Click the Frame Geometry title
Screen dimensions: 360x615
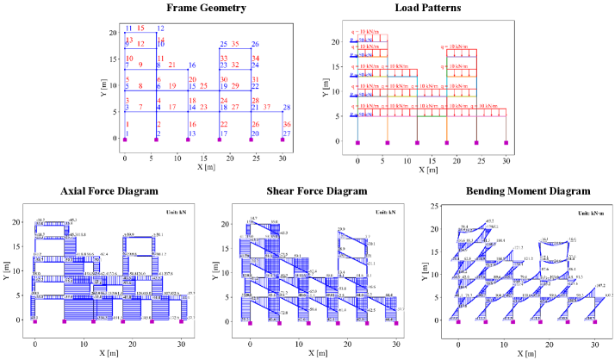coord(204,9)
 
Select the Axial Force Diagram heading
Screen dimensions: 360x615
coord(109,191)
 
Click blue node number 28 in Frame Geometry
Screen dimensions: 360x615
coord(287,107)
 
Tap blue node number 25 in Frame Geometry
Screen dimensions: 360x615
coord(223,44)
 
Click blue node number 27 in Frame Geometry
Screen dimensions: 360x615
coord(286,133)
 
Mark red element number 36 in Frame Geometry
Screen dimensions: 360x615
coord(287,124)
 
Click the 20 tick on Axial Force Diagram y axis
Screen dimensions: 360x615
coord(18,222)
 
